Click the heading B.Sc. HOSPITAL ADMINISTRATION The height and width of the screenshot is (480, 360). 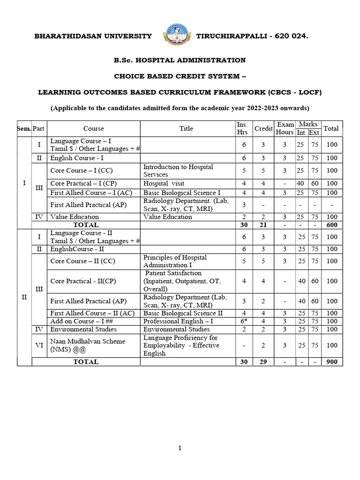180,60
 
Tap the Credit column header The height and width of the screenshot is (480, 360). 263,128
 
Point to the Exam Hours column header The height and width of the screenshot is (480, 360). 285,128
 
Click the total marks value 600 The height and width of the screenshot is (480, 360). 332,225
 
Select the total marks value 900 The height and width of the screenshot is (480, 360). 332,362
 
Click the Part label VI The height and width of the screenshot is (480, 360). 39,345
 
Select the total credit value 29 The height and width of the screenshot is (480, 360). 263,362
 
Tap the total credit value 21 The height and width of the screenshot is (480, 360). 263,225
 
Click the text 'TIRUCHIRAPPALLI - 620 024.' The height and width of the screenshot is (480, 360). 252,37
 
